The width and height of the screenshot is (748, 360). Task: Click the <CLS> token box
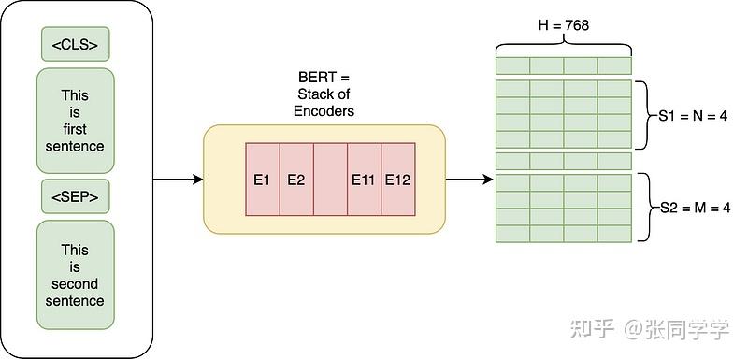pyautogui.click(x=75, y=44)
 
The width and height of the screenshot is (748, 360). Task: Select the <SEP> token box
pyautogui.click(x=75, y=197)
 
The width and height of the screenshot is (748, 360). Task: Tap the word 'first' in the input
pyautogui.click(x=75, y=129)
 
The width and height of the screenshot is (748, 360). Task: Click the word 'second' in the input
pyautogui.click(x=75, y=283)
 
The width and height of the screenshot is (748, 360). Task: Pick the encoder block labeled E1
pyautogui.click(x=262, y=180)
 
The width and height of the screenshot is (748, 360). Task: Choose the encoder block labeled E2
pyautogui.click(x=295, y=180)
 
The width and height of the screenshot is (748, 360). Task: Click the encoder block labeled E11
pyautogui.click(x=364, y=180)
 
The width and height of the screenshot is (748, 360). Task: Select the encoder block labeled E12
pyautogui.click(x=398, y=180)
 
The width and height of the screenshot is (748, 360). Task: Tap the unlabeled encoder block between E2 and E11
pyautogui.click(x=330, y=180)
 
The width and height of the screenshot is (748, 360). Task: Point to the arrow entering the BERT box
pyautogui.click(x=178, y=180)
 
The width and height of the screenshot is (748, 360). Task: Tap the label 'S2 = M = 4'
pyautogui.click(x=690, y=208)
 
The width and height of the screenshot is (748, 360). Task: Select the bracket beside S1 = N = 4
pyautogui.click(x=641, y=115)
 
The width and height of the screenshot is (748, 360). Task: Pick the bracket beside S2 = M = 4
pyautogui.click(x=641, y=208)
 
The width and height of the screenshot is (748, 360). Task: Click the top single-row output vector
pyautogui.click(x=563, y=65)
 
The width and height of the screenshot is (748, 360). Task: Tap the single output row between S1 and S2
pyautogui.click(x=563, y=161)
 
